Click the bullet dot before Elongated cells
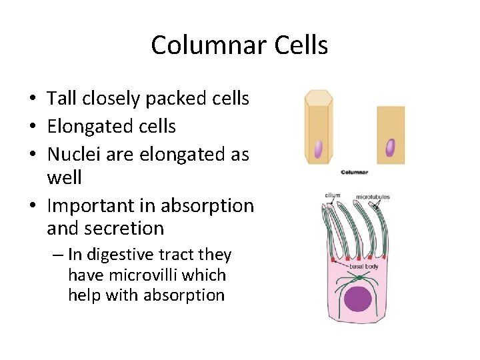coord(32,127)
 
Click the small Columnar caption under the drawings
coord(354,172)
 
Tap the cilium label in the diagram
coord(333,196)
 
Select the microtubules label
coord(373,197)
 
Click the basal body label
coord(363,267)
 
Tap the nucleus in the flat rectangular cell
coord(390,147)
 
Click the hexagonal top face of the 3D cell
coord(319,97)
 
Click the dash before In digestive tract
coord(60,255)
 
